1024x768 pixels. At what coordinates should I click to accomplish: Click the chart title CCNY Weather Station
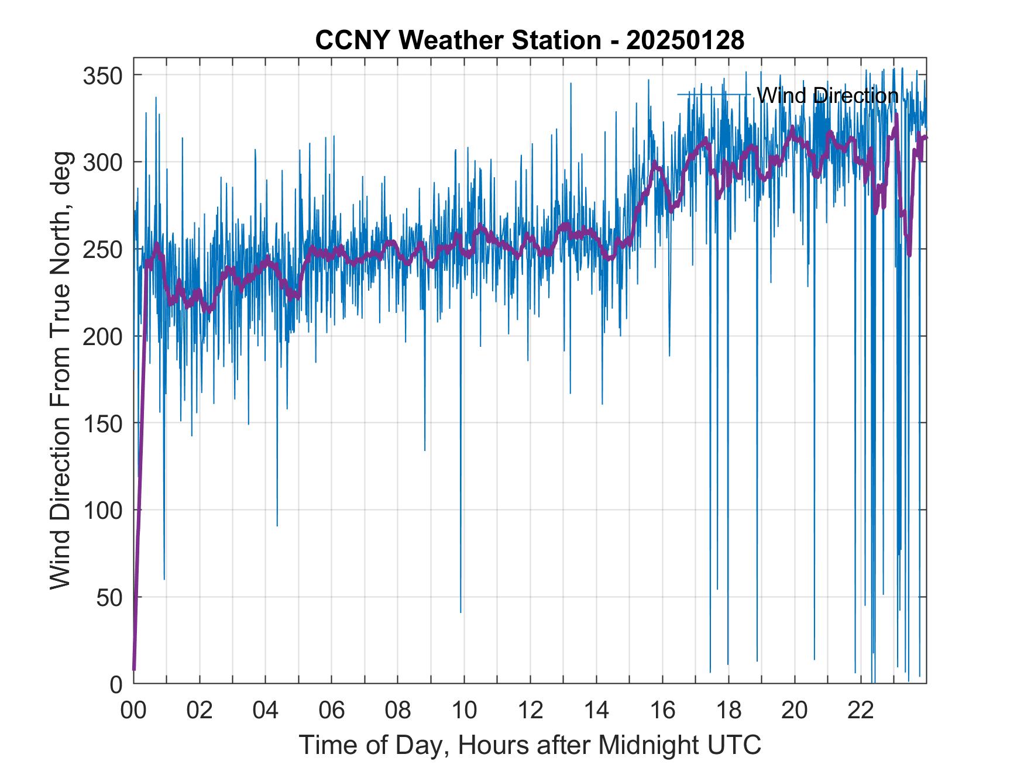(x=458, y=40)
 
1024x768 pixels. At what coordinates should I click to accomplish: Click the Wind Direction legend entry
(x=827, y=95)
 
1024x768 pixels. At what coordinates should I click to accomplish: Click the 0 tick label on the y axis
(x=116, y=684)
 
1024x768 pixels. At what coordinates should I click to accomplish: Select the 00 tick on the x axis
(x=133, y=711)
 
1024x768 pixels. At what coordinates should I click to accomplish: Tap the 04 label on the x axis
(x=266, y=711)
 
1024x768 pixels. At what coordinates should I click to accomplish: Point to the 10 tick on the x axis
(x=464, y=711)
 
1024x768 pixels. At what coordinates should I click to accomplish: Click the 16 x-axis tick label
(x=662, y=711)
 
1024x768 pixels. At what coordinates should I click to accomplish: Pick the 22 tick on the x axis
(x=861, y=711)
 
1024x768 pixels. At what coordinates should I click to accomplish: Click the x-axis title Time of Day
(x=530, y=745)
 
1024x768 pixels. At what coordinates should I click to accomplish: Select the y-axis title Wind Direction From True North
(x=60, y=370)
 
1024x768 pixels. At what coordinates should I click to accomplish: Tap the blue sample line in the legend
(x=714, y=94)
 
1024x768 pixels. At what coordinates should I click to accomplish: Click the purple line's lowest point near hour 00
(x=134, y=669)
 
